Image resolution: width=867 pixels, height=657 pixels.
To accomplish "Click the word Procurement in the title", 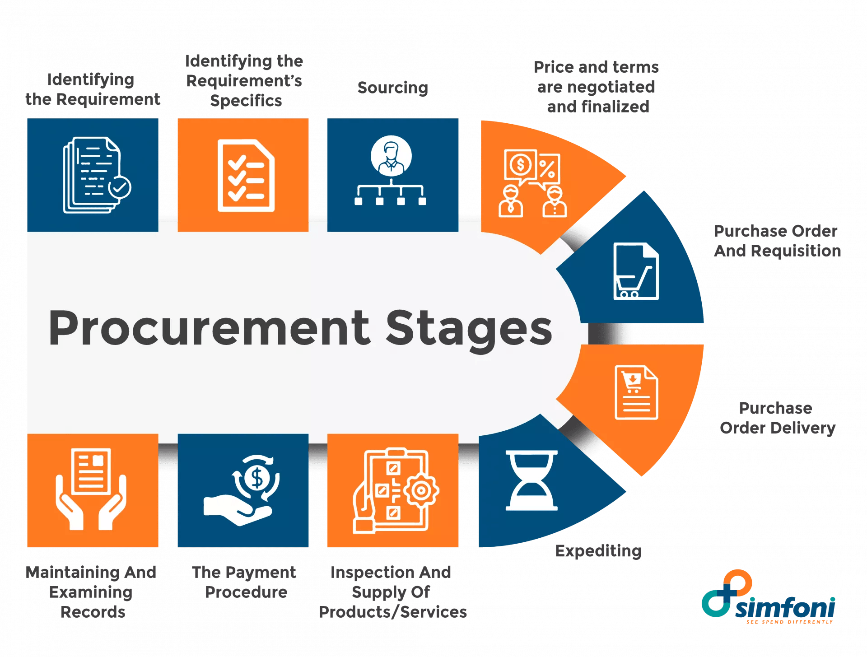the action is [209, 328].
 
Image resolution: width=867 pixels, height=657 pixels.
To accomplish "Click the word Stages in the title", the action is [469, 328].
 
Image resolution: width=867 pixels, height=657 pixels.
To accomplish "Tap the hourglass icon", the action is [531, 480].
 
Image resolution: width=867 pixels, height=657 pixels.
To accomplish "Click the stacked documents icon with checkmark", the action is [96, 175].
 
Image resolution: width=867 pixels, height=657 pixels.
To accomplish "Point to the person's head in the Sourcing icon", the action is [391, 149].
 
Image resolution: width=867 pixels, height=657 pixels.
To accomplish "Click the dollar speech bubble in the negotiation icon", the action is [520, 165].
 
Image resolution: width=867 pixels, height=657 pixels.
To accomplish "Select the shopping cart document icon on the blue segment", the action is [636, 272].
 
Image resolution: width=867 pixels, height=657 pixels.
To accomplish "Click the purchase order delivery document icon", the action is [636, 392].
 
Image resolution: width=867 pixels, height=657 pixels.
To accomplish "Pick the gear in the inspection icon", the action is [421, 491].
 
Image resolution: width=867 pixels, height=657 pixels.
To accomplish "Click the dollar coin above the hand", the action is [256, 478].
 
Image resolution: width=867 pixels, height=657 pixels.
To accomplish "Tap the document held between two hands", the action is [92, 471].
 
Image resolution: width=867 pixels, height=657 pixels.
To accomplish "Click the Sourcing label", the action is [393, 87].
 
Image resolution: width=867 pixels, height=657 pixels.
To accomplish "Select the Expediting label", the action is [598, 551].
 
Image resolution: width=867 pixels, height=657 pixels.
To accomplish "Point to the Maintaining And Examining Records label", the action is [92, 592].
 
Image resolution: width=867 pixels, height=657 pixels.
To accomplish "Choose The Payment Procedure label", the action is [245, 582].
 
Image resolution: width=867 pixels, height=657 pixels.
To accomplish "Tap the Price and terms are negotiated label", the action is [596, 87].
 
